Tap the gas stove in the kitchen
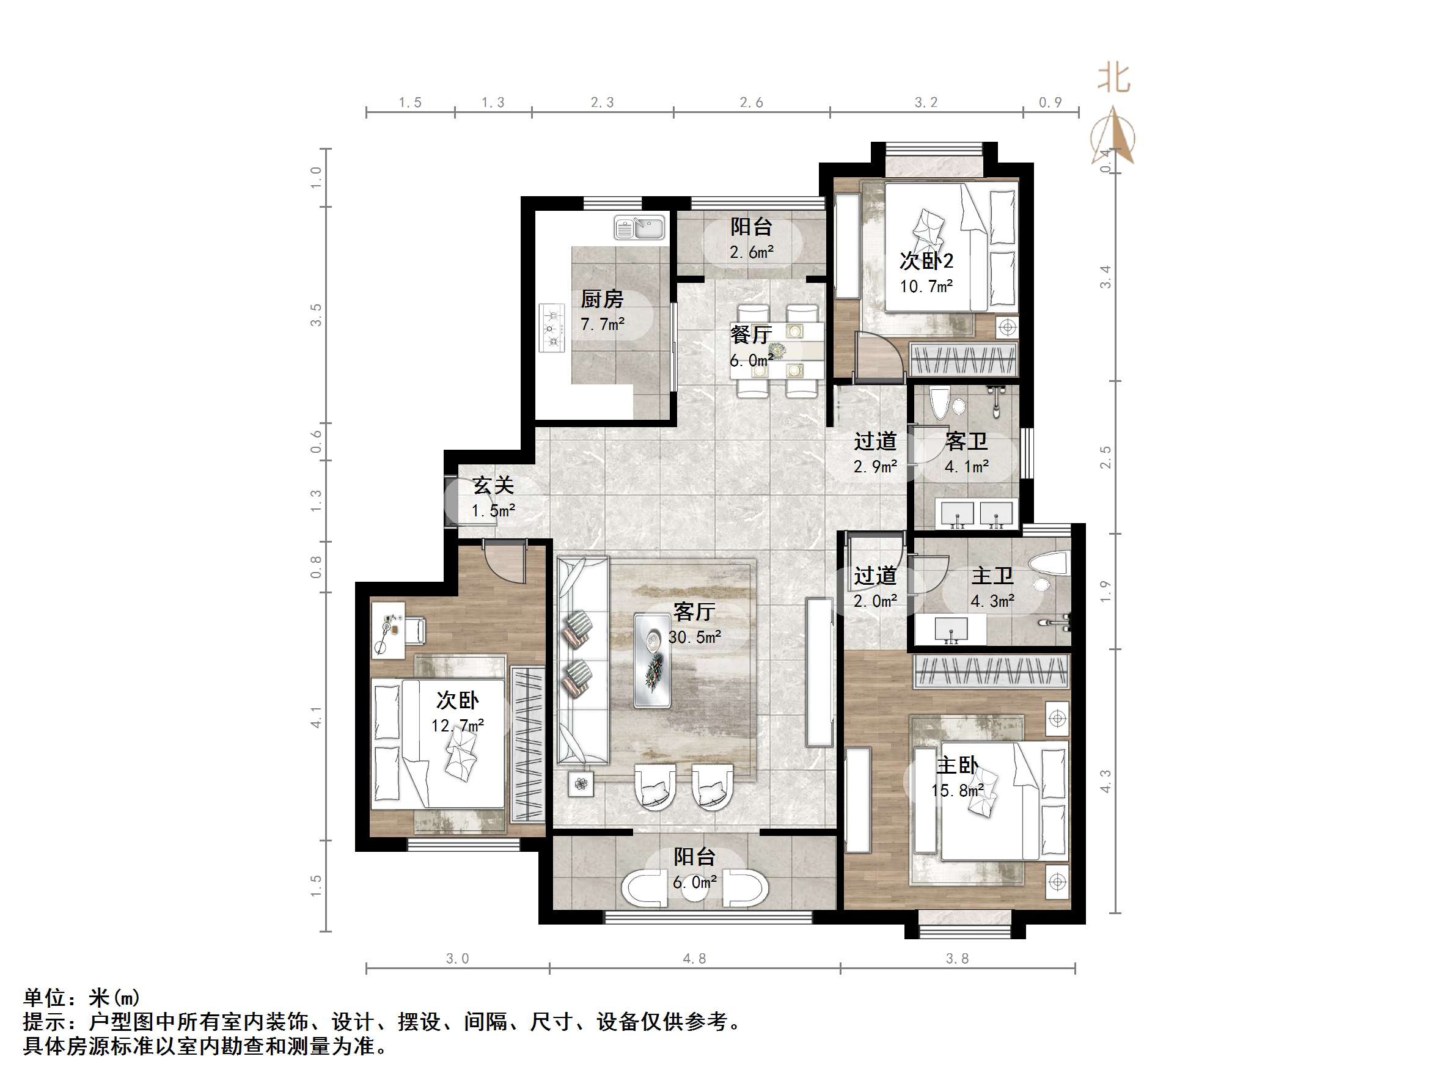tap(552, 328)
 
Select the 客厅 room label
tap(694, 612)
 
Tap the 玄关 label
tap(493, 485)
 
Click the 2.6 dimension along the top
tap(751, 102)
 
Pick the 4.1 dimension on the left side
tap(316, 717)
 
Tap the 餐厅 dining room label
tap(751, 335)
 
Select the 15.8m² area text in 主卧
tap(957, 791)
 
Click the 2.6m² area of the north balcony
tap(751, 252)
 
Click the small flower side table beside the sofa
tap(581, 784)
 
